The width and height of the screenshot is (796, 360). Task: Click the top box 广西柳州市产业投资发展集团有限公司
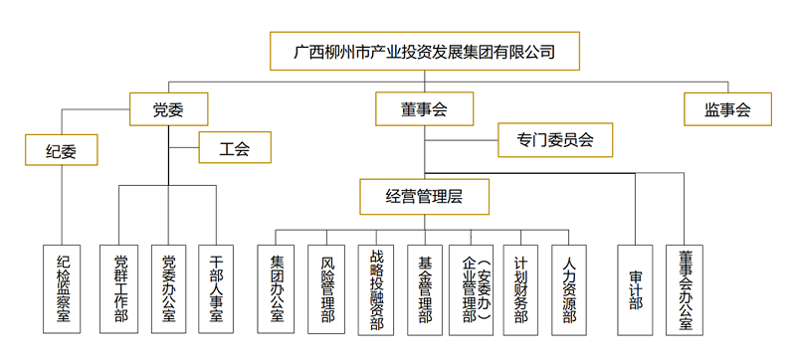(425, 51)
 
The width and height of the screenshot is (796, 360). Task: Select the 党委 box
(168, 108)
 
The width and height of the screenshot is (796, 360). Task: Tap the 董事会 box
(425, 108)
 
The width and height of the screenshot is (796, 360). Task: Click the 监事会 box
(729, 108)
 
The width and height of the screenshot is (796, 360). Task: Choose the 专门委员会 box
(554, 140)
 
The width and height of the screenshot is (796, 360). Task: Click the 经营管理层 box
(425, 196)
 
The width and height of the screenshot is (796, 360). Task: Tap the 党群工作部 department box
(120, 288)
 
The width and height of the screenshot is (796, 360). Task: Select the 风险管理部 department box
(327, 288)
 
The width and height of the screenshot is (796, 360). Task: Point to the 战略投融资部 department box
(377, 288)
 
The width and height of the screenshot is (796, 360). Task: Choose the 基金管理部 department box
(426, 288)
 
